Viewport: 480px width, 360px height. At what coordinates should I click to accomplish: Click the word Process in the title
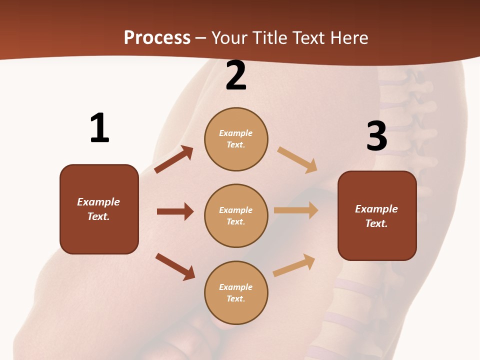coord(157,37)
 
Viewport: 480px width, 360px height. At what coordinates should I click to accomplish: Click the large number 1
coord(99,128)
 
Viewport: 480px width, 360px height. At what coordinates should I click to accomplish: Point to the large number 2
coord(236,76)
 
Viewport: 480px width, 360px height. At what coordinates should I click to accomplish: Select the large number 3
coord(376,136)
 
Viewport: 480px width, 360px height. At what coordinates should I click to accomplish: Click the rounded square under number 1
coord(99,209)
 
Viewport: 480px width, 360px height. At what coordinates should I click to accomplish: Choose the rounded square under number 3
coord(377,216)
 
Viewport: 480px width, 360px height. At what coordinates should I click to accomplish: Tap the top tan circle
coord(236,139)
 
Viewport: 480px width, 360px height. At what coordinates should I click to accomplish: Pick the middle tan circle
coord(236,215)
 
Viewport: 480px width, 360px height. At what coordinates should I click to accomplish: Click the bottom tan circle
coord(236,292)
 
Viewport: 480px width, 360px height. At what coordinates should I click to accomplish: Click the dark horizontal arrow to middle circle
coord(175,211)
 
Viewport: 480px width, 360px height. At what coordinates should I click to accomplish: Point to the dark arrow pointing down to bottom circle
coord(175,266)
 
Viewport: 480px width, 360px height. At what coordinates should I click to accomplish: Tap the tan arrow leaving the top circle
coord(297,159)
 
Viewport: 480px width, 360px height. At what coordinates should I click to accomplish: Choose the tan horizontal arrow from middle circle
coord(296,210)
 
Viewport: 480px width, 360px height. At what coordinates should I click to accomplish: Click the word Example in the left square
coord(98,202)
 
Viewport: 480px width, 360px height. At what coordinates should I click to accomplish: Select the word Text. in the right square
coord(376,223)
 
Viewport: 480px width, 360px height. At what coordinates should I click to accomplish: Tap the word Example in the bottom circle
coord(236,287)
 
